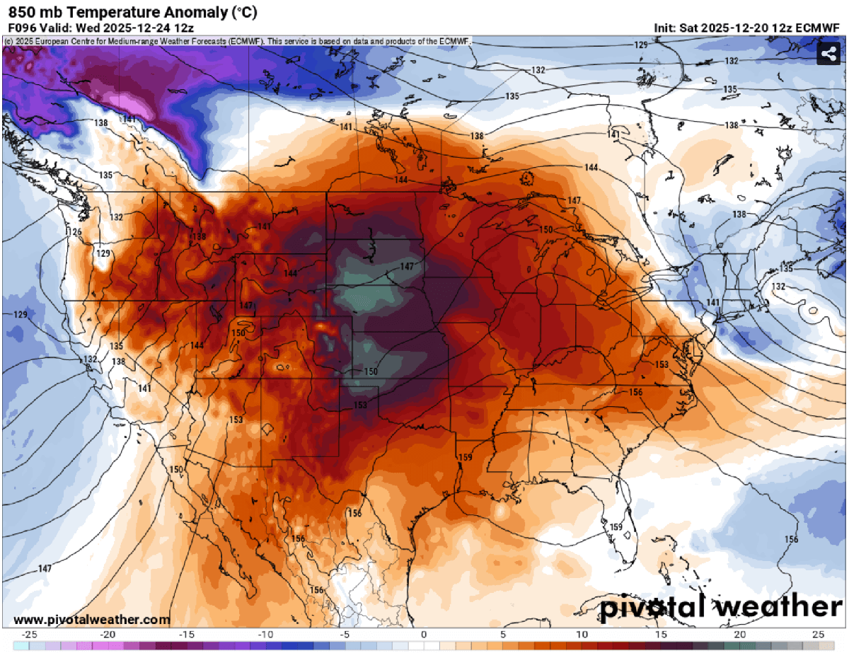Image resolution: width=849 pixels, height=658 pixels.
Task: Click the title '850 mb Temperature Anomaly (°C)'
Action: click(132, 12)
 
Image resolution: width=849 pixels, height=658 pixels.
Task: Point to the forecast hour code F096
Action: click(22, 28)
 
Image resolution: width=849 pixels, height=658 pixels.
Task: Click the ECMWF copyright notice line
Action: click(238, 42)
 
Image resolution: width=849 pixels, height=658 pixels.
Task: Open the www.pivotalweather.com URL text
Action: click(92, 620)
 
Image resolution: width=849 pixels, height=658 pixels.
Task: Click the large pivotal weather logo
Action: click(721, 607)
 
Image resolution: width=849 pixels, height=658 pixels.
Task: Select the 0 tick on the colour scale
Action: click(424, 634)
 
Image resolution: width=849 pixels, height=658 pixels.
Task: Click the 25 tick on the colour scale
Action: click(818, 634)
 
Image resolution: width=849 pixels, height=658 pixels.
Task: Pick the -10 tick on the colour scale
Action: click(266, 634)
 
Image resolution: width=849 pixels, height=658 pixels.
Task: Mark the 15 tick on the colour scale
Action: click(660, 634)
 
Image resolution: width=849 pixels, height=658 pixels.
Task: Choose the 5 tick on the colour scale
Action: click(502, 634)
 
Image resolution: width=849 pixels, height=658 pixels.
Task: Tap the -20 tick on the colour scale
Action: click(108, 634)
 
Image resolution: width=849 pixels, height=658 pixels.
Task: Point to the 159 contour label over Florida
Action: click(616, 527)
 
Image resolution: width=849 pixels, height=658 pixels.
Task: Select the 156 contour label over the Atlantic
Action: click(791, 540)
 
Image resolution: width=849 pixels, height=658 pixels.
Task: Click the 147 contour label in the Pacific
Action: click(45, 569)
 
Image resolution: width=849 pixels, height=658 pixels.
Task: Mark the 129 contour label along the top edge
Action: click(640, 45)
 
